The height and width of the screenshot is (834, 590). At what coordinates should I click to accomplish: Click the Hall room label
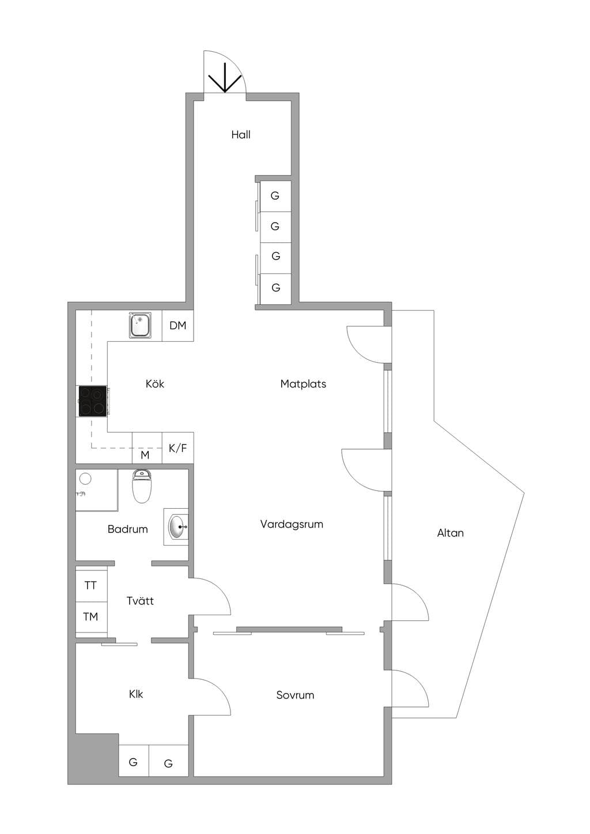(240, 135)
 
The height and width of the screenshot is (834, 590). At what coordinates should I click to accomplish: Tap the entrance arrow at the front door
(225, 78)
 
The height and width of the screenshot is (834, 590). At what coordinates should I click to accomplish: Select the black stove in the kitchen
(93, 401)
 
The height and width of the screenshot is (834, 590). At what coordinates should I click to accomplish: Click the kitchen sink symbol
(140, 325)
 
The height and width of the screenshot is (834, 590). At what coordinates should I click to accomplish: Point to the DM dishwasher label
(178, 326)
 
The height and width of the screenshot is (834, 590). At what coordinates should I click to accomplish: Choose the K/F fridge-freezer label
(178, 448)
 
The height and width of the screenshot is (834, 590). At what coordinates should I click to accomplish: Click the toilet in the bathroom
(142, 486)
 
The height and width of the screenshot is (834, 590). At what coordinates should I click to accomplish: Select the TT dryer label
(90, 586)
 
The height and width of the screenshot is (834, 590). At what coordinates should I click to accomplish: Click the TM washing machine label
(90, 617)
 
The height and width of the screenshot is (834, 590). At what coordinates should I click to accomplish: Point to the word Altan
(450, 533)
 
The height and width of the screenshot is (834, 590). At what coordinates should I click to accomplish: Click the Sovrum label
(295, 695)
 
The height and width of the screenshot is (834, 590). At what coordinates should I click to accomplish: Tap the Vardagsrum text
(292, 524)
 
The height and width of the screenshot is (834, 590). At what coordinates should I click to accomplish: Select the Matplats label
(303, 384)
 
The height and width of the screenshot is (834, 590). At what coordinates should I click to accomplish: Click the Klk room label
(135, 694)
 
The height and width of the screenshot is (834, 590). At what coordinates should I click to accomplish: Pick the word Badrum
(127, 529)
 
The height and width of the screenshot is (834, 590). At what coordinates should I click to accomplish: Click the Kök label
(154, 383)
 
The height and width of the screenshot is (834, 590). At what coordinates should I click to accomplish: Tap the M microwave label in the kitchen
(145, 455)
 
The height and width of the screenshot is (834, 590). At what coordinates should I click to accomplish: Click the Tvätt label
(140, 600)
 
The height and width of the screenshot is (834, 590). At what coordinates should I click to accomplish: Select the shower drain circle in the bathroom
(85, 479)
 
